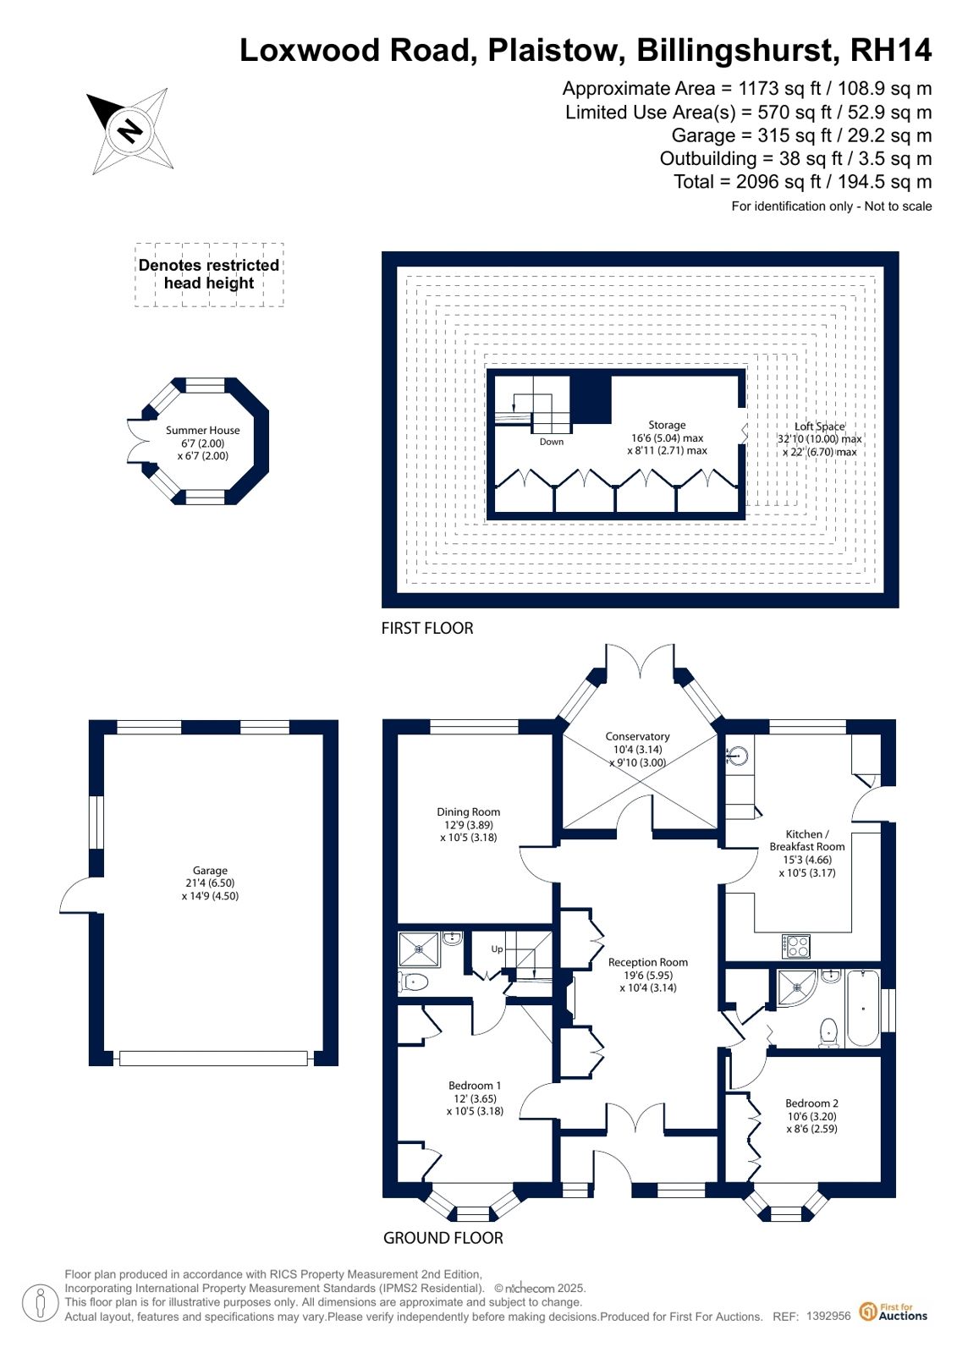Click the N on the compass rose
pos(129,130)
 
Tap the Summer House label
pos(203,430)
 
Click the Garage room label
pos(210,871)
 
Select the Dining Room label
pos(469,811)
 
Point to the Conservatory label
pos(637,736)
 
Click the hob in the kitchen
pos(796,946)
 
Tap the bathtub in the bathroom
pos(863,1008)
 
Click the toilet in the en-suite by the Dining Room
pos(414,982)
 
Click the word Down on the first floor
pos(552,442)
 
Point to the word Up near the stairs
pos(498,949)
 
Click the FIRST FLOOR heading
pos(427,628)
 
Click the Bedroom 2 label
pos(812,1103)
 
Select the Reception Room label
pos(648,962)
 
